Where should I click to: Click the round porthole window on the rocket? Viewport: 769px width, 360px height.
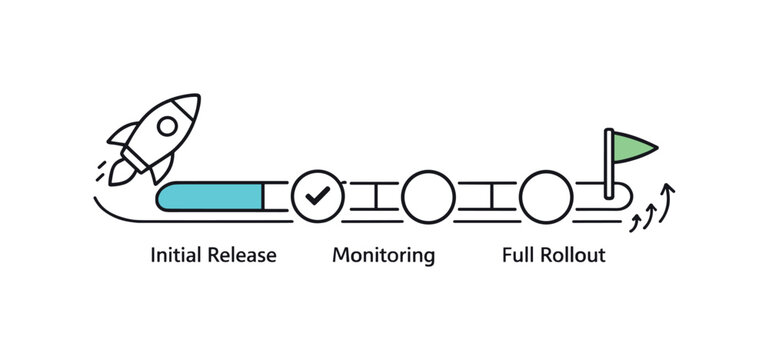167,125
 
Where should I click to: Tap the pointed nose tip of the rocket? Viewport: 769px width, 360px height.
196,98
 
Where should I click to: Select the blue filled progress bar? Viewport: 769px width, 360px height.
213,196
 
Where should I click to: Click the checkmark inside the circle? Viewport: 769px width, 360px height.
318,195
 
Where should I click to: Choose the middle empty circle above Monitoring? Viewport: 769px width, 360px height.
429,195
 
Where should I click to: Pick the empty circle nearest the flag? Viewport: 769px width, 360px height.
546,195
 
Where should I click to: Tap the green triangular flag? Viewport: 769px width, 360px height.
632,148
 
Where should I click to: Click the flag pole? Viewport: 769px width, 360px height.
609,165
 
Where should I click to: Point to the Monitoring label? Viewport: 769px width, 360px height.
384,255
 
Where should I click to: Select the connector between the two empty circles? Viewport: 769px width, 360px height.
488,195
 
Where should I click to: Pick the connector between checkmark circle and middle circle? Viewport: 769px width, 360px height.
373,195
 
